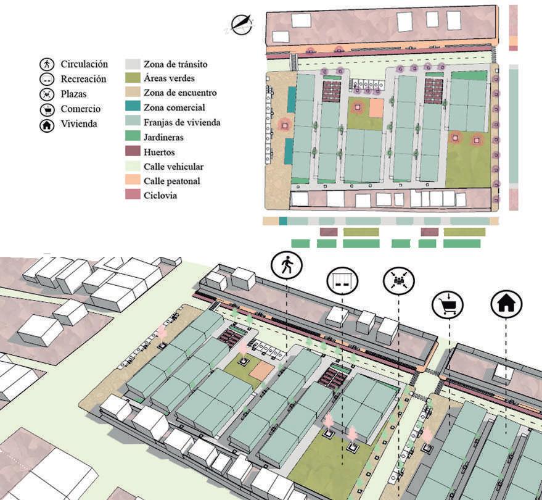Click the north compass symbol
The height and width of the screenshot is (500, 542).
click(241, 23)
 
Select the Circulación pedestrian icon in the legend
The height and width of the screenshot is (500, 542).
click(46, 64)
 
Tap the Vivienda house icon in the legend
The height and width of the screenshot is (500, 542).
click(46, 124)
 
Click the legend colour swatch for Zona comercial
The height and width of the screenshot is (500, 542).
click(133, 108)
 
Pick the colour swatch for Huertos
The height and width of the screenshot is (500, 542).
click(133, 152)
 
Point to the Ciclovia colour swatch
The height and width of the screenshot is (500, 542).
click(133, 195)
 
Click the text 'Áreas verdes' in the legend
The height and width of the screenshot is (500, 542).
click(170, 78)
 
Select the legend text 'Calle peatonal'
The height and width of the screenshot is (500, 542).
click(172, 181)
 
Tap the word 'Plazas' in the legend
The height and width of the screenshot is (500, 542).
click(74, 94)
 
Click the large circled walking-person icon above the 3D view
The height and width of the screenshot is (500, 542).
click(286, 266)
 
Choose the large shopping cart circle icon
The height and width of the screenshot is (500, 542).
click(448, 304)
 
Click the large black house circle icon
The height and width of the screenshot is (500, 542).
click(506, 303)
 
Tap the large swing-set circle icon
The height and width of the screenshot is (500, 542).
click(342, 282)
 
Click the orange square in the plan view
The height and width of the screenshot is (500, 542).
click(376, 108)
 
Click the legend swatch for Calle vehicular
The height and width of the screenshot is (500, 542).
click(133, 167)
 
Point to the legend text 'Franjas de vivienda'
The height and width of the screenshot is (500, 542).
click(182, 122)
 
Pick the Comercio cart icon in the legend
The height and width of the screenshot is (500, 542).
click(46, 109)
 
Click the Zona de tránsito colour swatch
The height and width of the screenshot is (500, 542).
click(133, 64)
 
